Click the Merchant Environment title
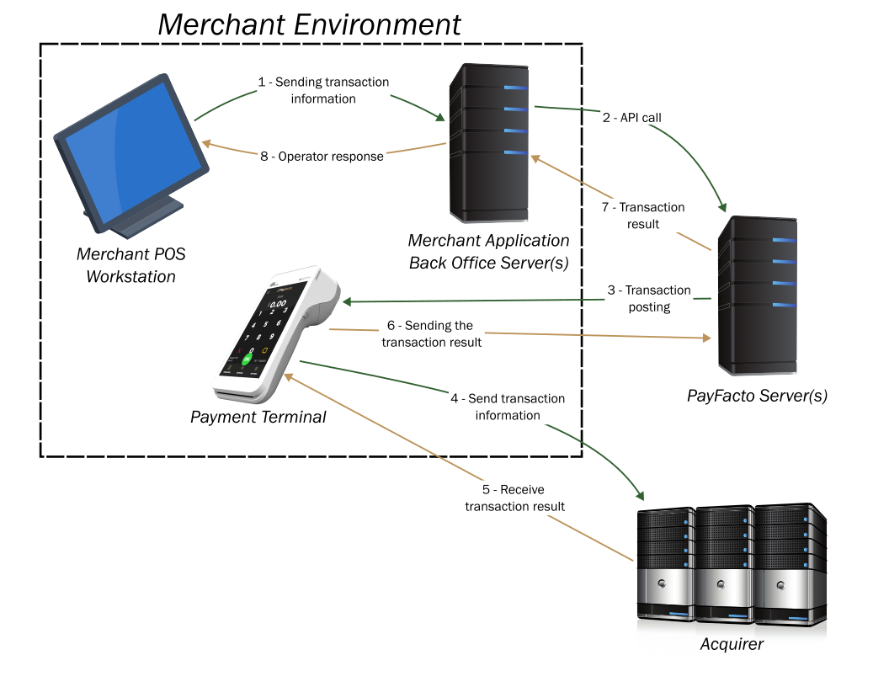point(309,24)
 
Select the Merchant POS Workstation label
point(130,265)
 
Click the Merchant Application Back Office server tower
point(488,143)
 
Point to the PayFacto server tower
point(756,295)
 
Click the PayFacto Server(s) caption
point(757,396)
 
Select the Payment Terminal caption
point(258,417)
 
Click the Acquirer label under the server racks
point(732,645)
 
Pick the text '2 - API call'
point(631,118)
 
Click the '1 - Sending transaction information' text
point(323,90)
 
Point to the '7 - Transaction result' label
point(642,216)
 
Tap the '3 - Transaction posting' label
point(649,298)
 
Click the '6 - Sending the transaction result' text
point(431,333)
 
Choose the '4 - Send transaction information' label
point(508,407)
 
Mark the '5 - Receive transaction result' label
point(514,498)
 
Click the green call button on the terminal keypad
point(247,359)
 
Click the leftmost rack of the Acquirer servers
point(665,564)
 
